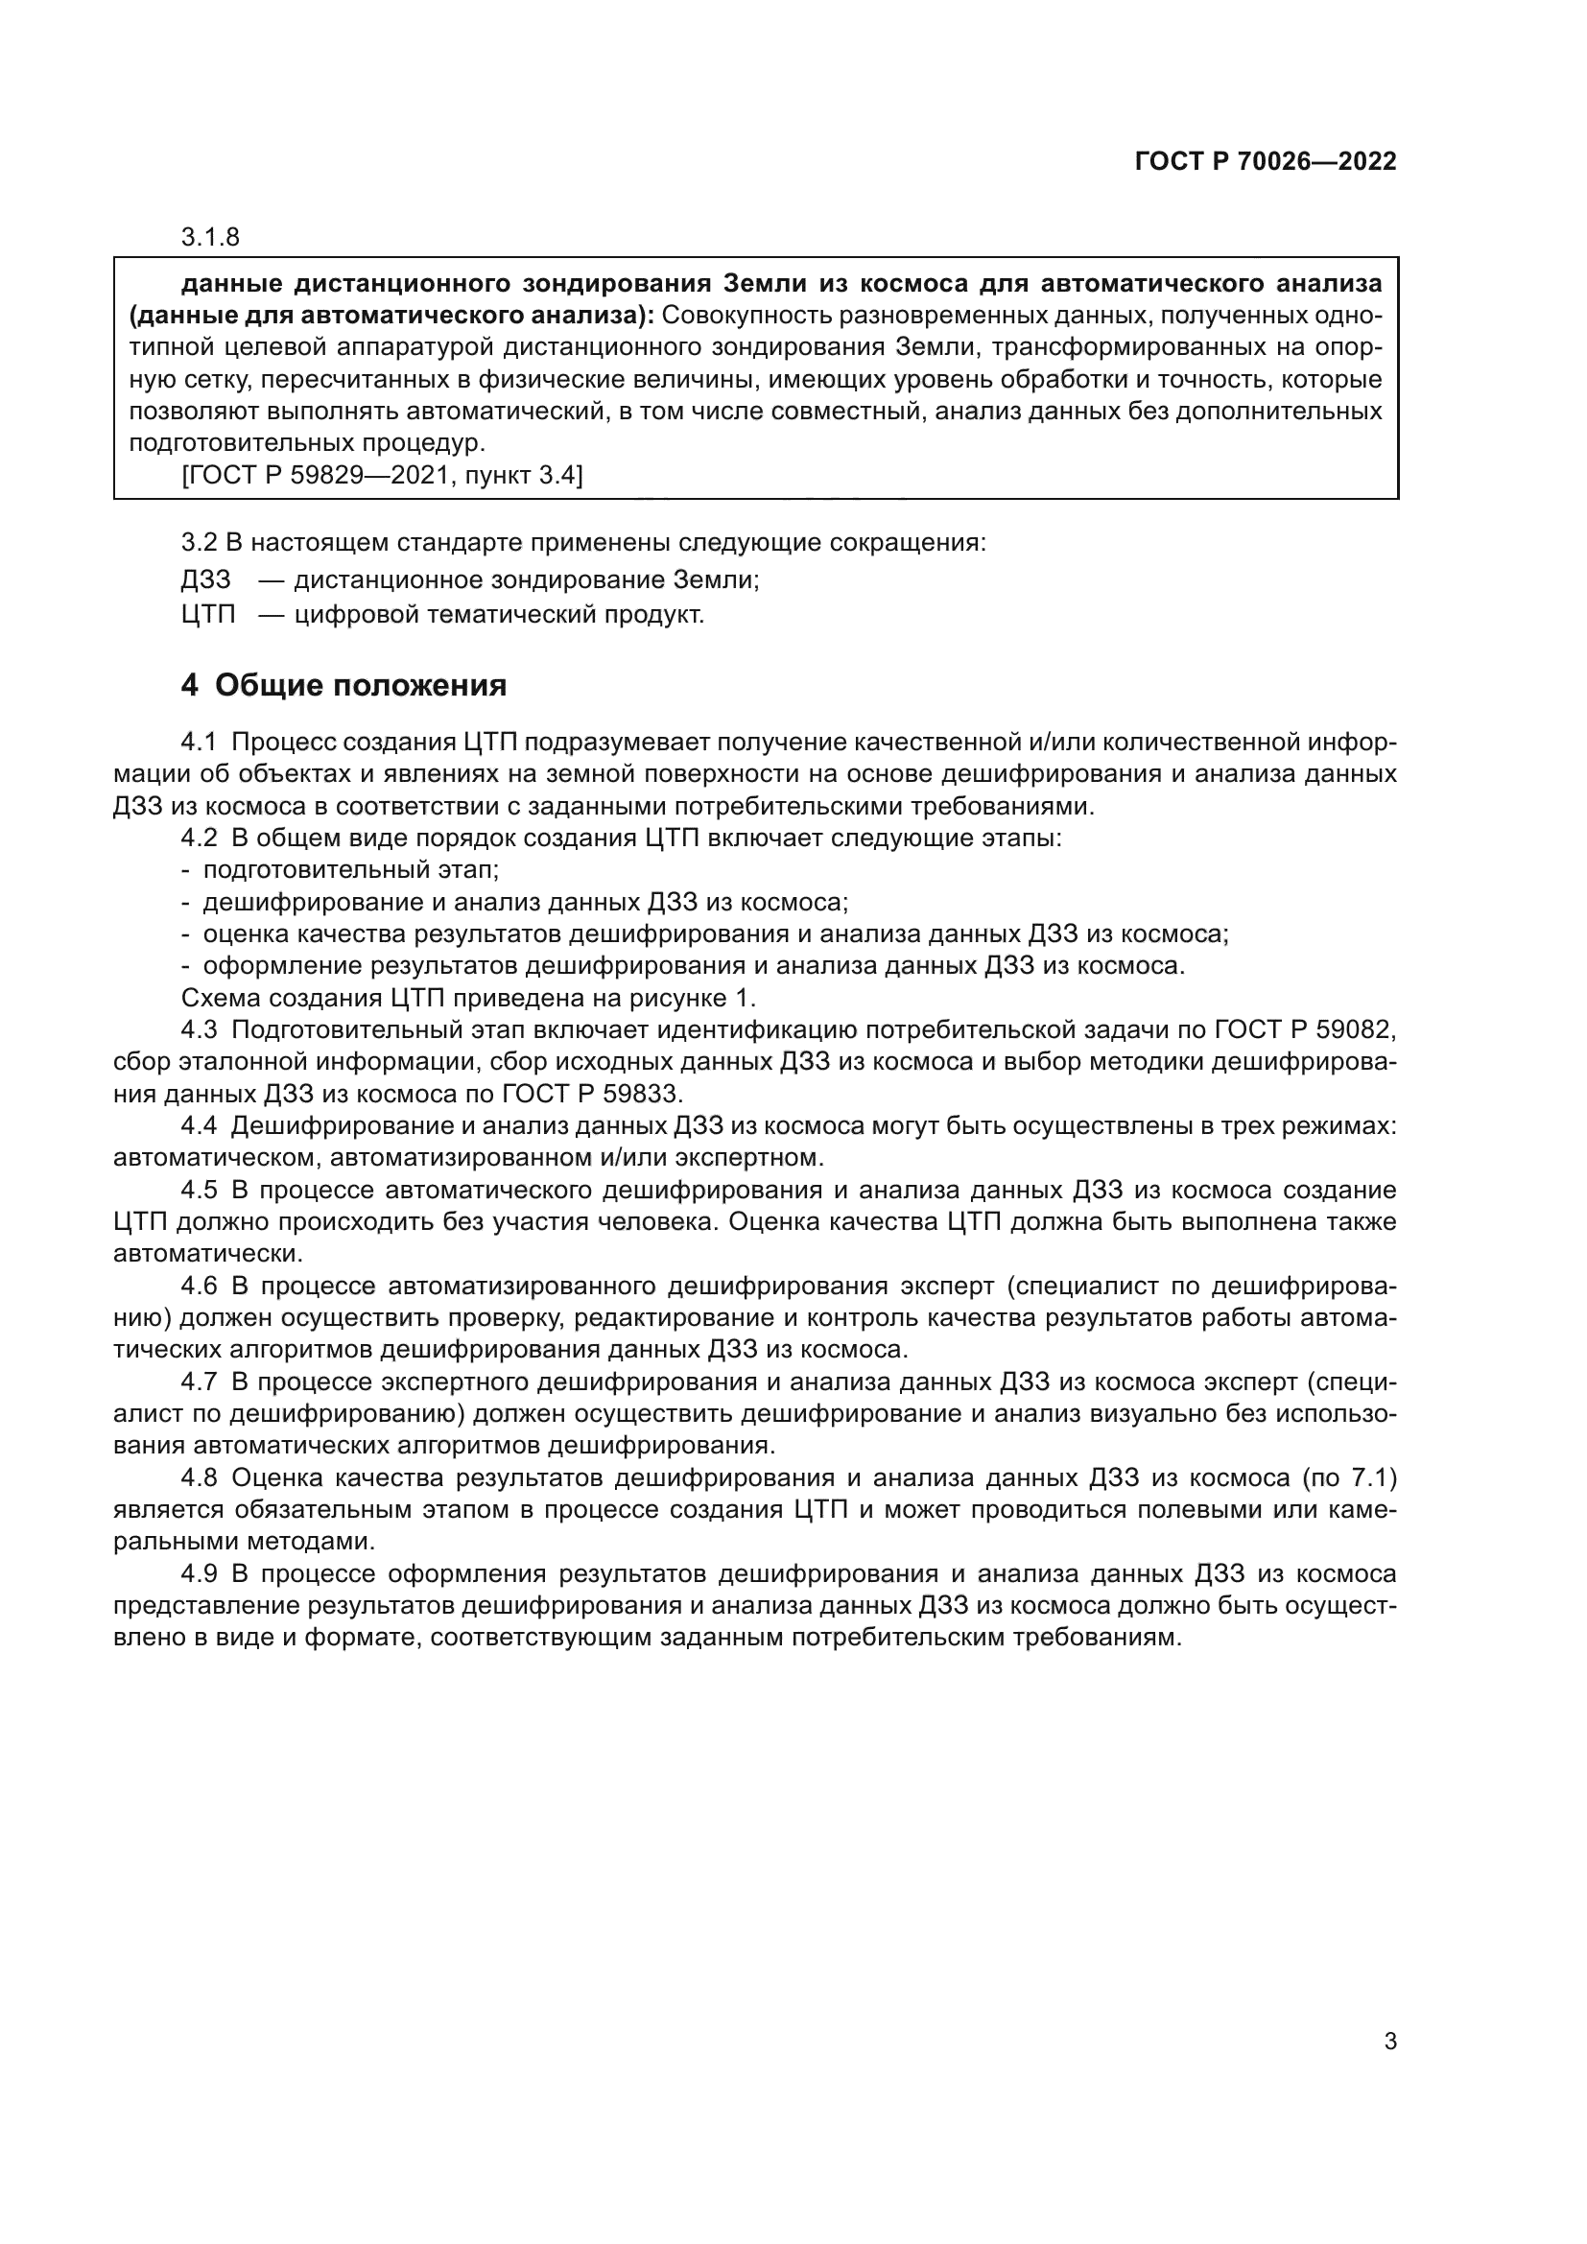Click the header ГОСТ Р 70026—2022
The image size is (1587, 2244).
(1266, 161)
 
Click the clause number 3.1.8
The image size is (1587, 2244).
(210, 238)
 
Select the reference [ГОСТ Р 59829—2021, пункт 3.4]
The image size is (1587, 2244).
(382, 476)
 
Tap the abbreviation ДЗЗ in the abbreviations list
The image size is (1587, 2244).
(206, 579)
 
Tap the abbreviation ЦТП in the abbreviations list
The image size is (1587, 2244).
(208, 615)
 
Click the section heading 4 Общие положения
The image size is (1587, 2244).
(344, 685)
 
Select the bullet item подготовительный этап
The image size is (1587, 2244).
(351, 869)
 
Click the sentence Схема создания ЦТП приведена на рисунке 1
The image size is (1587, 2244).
(469, 998)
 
